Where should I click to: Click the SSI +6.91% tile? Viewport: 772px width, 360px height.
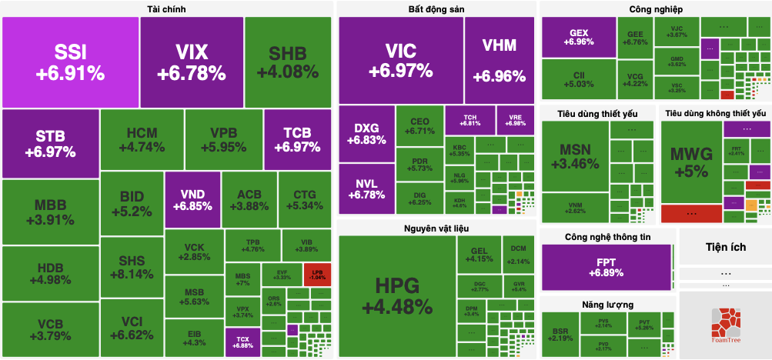(70, 62)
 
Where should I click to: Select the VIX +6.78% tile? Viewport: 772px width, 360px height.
(192, 62)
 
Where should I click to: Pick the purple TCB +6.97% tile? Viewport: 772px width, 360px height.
(296, 139)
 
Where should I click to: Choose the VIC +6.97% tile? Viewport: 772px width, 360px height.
(400, 60)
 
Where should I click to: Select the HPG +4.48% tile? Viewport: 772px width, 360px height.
(396, 295)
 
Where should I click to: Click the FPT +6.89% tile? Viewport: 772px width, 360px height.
(607, 267)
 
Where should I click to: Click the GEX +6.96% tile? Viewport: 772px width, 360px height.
(579, 37)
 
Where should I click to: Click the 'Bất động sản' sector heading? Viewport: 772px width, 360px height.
(436, 8)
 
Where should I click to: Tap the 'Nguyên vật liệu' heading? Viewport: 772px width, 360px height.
(436, 228)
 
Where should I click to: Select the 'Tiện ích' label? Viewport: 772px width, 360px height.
(725, 247)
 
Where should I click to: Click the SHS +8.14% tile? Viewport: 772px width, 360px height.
(131, 267)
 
